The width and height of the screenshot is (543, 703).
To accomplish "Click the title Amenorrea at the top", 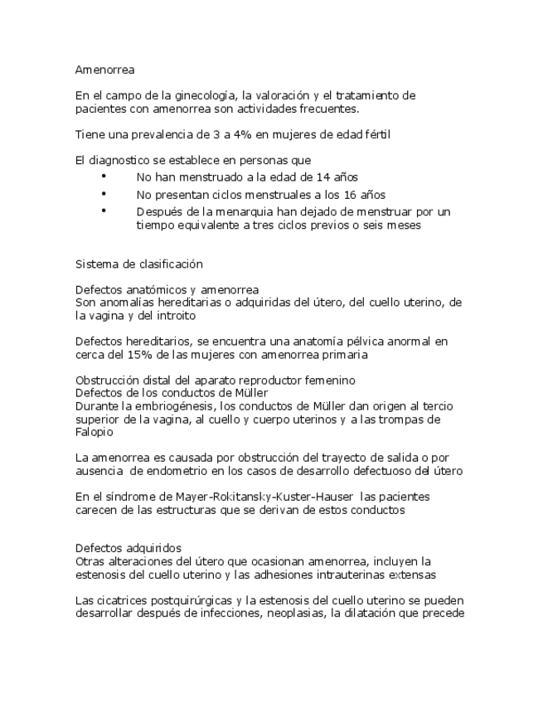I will coord(104,70).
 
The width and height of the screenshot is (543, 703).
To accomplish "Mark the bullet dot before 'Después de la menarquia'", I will coord(104,211).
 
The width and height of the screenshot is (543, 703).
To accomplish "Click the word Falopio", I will coord(94,432).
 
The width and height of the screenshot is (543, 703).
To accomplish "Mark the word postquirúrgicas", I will coord(179,601).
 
